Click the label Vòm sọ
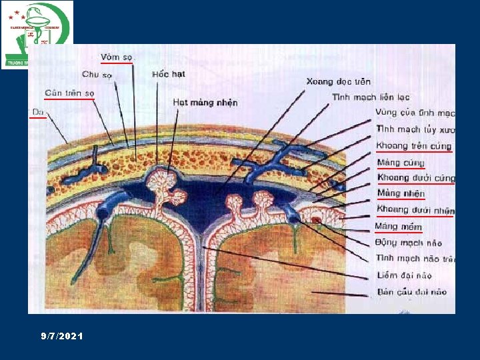point(117,57)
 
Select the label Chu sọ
point(98,75)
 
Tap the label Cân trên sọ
point(69,93)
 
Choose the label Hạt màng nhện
point(205,103)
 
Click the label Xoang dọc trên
point(338,81)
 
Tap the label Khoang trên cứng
point(413,146)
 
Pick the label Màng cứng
point(400,162)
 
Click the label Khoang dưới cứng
point(415,178)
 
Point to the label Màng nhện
point(401,194)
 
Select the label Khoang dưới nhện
point(415,210)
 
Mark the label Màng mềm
point(399,227)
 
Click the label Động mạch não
point(409,243)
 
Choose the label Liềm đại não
point(404,275)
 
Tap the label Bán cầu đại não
point(411,291)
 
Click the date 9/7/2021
point(61,337)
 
